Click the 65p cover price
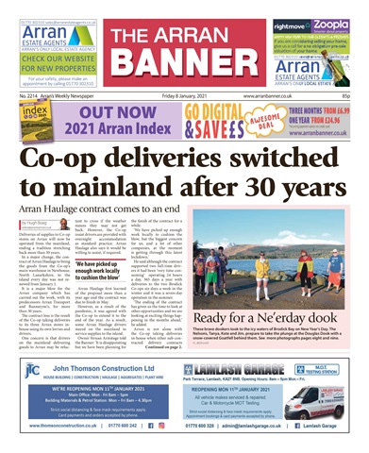pos(361,96)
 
